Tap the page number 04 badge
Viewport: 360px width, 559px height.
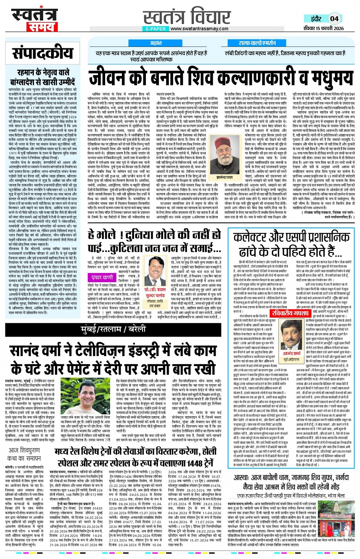click(x=334, y=19)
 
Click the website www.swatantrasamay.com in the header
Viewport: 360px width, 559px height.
click(x=199, y=29)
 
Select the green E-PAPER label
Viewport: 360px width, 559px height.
click(x=155, y=29)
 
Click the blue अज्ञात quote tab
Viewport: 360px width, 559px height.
click(x=155, y=43)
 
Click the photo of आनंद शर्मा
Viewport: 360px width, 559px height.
click(x=291, y=336)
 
